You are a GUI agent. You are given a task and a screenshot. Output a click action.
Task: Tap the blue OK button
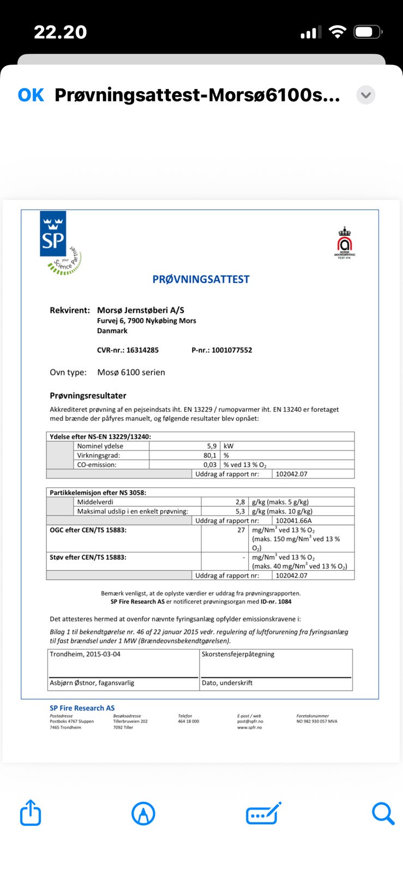click(31, 95)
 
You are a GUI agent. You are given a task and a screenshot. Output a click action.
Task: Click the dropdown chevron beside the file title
click(366, 95)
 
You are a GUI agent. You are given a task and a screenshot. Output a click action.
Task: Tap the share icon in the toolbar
click(31, 813)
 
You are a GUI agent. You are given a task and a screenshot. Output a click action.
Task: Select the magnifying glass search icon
click(383, 813)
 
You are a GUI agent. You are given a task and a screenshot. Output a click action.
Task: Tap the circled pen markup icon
click(143, 813)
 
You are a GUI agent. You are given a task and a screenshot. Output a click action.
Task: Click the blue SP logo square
click(53, 234)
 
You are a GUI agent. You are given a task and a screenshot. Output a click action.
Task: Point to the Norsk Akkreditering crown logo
click(345, 242)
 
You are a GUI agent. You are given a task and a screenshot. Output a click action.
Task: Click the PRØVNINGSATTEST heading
click(201, 279)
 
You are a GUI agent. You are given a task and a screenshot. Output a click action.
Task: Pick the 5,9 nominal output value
click(212, 446)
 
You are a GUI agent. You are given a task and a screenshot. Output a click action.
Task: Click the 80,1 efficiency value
click(210, 455)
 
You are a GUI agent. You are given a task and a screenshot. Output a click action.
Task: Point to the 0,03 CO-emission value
click(210, 464)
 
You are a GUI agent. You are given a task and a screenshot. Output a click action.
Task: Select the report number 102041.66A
click(293, 521)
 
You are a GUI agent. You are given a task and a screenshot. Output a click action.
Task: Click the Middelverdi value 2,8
click(240, 501)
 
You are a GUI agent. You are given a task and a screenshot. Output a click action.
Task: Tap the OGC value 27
click(241, 530)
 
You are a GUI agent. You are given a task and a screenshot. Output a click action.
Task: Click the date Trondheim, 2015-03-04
click(85, 654)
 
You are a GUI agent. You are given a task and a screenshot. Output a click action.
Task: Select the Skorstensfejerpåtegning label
click(238, 654)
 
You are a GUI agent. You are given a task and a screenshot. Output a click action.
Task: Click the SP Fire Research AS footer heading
click(82, 708)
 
